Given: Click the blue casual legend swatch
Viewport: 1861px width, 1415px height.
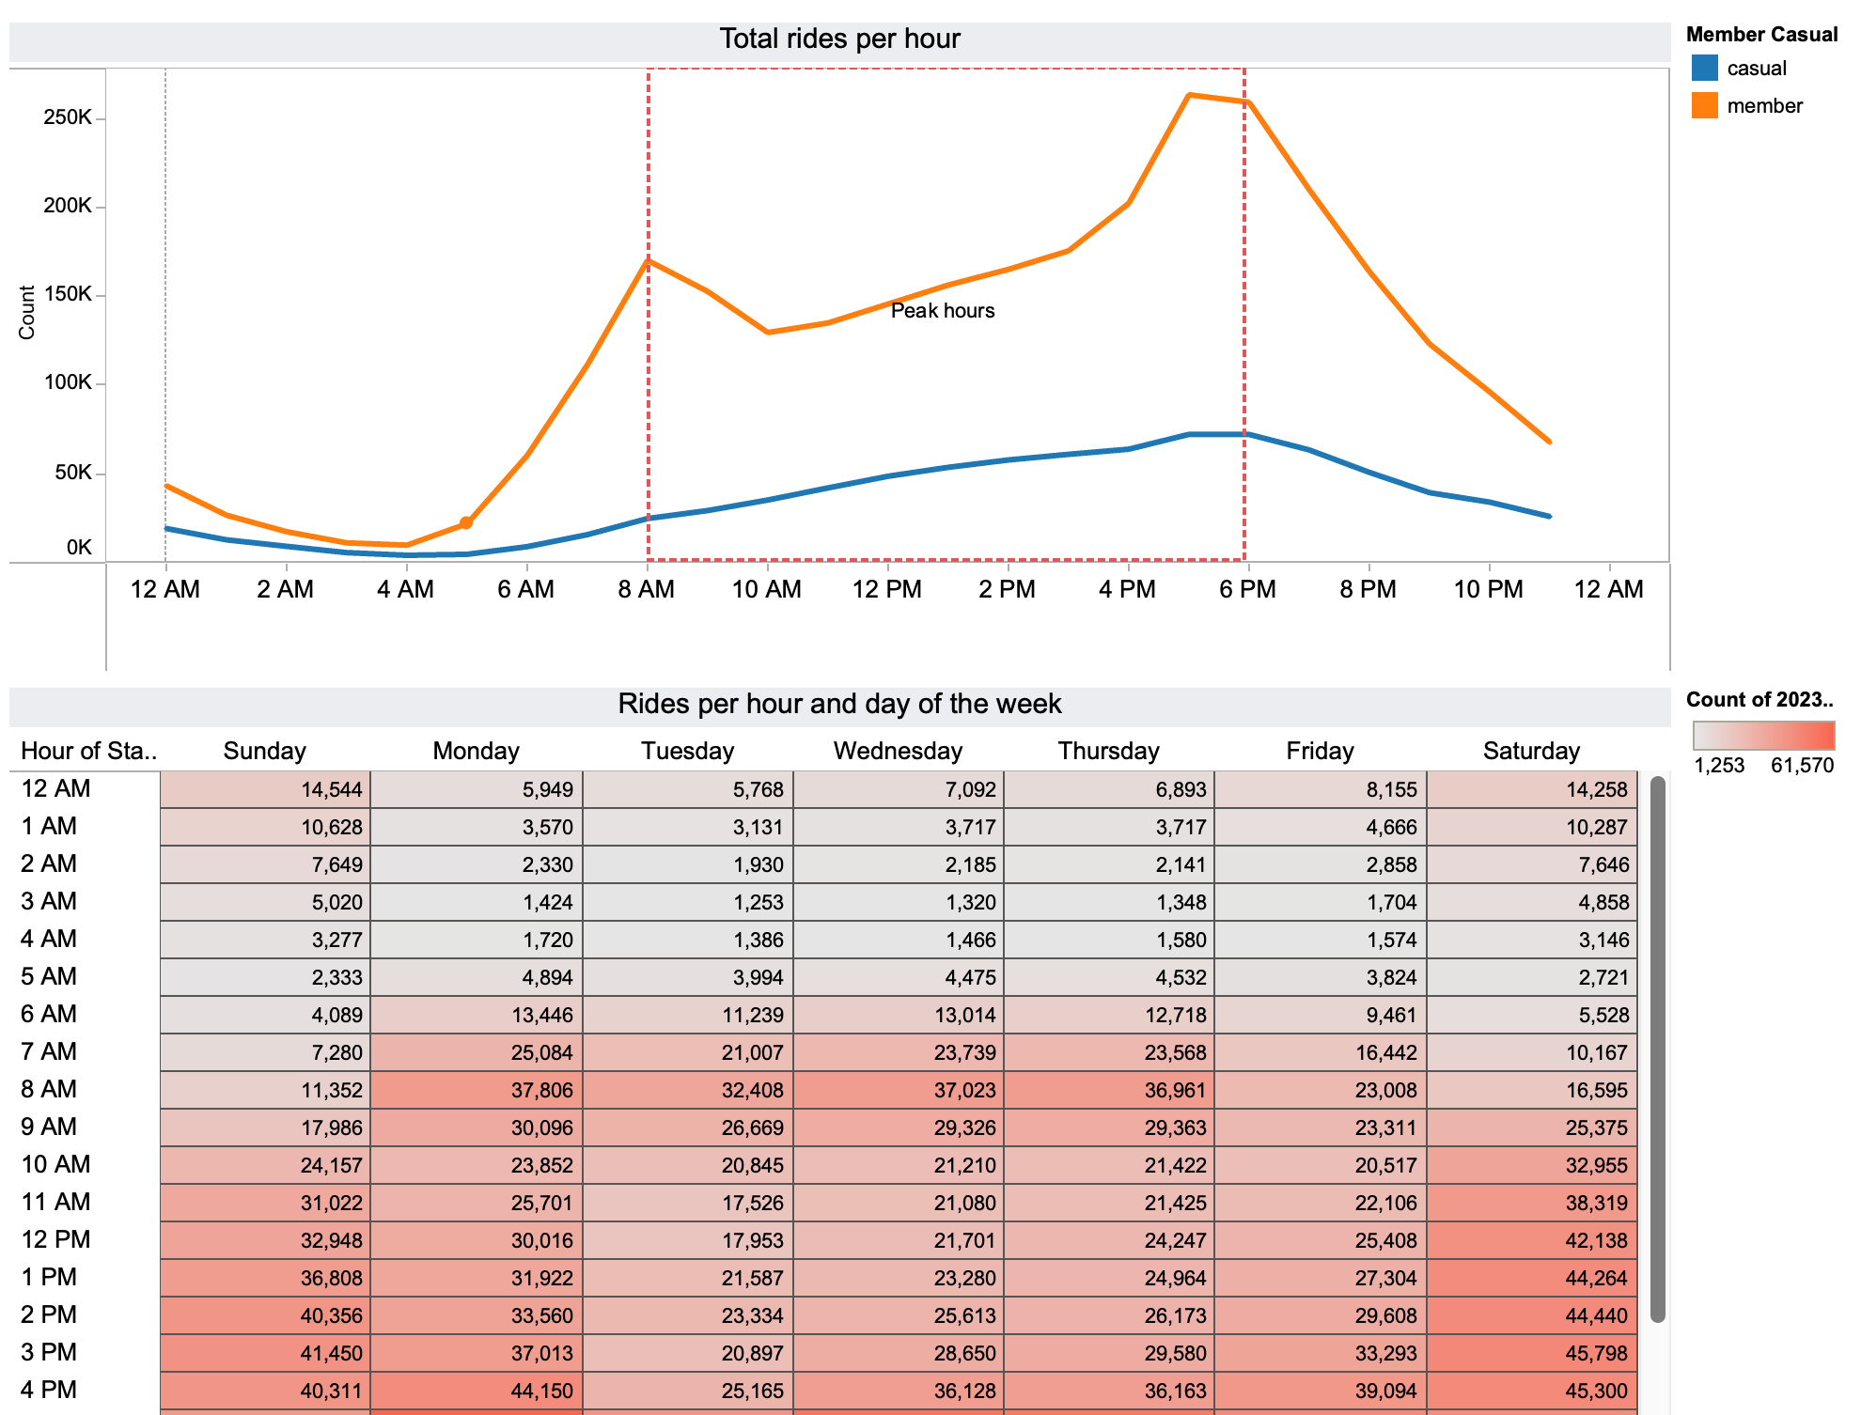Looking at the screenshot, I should click(1704, 68).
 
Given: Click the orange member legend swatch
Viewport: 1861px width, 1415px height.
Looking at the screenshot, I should click(1704, 105).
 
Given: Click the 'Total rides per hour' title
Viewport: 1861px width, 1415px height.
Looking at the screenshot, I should click(839, 39).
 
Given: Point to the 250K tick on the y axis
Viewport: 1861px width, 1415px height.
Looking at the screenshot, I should click(68, 117).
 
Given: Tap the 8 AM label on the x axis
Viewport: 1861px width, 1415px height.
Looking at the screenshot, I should click(647, 589).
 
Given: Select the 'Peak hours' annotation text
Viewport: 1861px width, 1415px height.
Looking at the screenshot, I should click(942, 311).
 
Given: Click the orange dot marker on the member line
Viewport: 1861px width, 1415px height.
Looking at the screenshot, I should click(466, 522).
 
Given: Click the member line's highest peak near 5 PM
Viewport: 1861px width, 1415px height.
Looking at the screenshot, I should click(1189, 95).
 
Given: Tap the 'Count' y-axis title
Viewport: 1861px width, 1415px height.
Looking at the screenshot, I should click(26, 313).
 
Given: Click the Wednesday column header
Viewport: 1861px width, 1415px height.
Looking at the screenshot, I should click(898, 751).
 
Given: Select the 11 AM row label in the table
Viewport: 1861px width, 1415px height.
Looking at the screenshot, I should click(55, 1202).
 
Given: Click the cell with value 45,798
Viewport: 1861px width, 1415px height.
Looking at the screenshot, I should click(1532, 1353).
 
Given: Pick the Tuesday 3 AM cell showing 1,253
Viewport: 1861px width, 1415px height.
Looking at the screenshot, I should click(688, 902).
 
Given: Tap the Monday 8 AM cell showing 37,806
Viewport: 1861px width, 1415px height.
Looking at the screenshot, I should click(477, 1090).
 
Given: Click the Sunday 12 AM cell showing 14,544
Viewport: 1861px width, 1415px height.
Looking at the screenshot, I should click(265, 789).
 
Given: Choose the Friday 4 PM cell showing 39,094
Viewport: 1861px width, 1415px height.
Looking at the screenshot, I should click(1321, 1391).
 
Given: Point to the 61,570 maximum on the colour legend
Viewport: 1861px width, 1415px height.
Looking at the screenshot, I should click(1802, 765).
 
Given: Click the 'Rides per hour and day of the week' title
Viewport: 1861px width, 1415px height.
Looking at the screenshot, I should click(839, 704).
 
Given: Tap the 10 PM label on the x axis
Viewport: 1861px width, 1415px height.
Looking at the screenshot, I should click(1488, 589).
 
